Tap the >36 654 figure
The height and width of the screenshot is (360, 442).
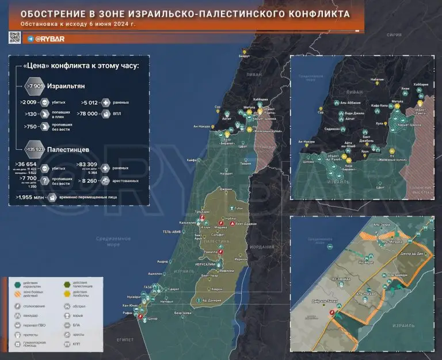pyautogui.click(x=27, y=164)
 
